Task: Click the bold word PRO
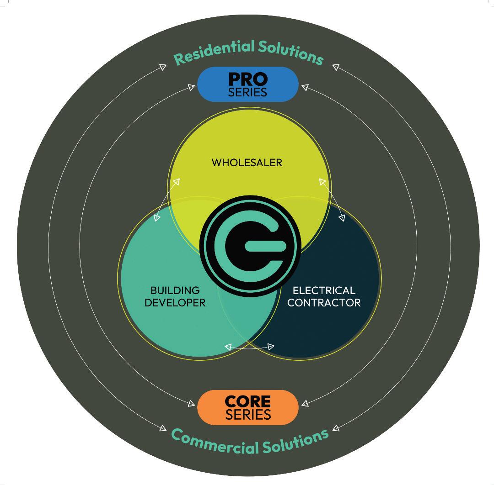coord(248,79)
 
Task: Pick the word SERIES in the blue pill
coord(248,92)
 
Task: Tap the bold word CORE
coord(248,402)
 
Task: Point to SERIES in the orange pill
coord(248,415)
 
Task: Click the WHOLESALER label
coord(247,162)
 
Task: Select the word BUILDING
coord(175,290)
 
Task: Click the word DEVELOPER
coord(175,302)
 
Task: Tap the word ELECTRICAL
coord(324,290)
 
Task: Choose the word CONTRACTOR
coord(324,302)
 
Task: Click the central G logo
coord(251,247)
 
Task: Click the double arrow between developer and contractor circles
coord(249,347)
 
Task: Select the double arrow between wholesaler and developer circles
coord(166,200)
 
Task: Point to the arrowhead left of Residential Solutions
coord(163,67)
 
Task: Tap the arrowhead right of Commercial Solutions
coord(336,428)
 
